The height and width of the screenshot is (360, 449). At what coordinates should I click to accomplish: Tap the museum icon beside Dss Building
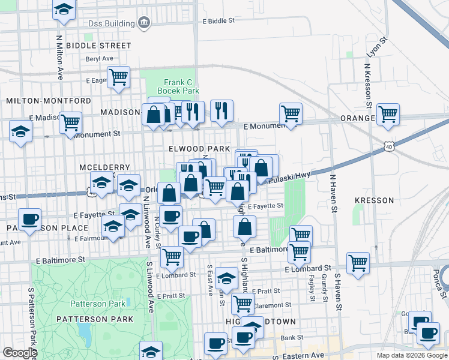[x=144, y=23]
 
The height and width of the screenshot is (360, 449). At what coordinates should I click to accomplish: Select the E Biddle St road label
[x=218, y=20]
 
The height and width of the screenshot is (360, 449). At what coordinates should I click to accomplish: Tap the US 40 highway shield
[x=390, y=146]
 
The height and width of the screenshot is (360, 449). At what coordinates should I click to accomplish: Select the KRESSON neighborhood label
[x=374, y=200]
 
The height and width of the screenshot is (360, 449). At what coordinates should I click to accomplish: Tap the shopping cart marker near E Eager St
[x=118, y=76]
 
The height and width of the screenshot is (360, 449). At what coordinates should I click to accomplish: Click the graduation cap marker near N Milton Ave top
[x=63, y=10]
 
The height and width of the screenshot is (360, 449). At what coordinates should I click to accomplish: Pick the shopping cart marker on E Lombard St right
[x=358, y=262]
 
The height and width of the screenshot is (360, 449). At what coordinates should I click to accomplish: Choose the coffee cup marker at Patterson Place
[x=29, y=219]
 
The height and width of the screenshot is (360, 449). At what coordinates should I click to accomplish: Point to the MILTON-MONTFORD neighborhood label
[x=49, y=101]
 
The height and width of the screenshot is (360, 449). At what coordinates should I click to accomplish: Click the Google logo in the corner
[x=20, y=353]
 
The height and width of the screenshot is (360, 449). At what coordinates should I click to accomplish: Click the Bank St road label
[x=293, y=338]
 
